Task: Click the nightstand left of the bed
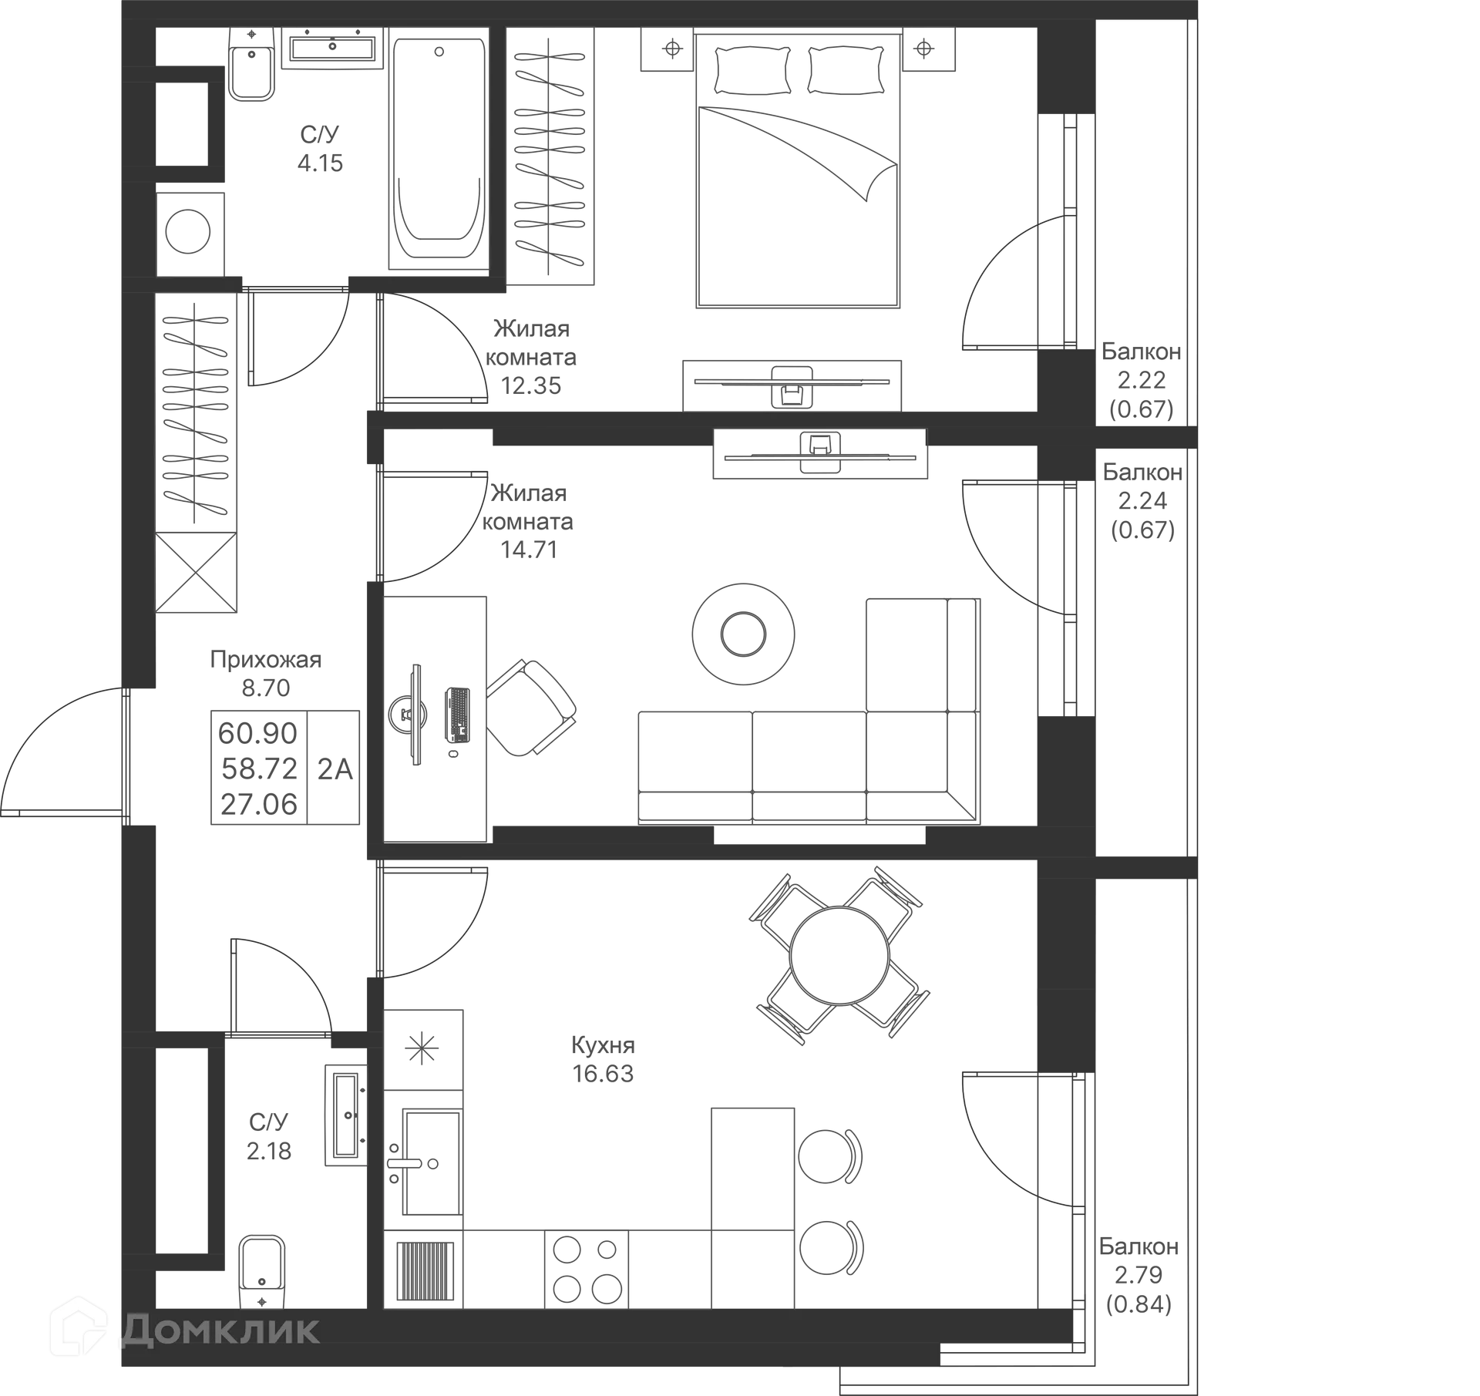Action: pyautogui.click(x=672, y=51)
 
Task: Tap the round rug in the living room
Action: pyautogui.click(x=742, y=634)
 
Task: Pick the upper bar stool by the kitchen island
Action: pyautogui.click(x=832, y=1156)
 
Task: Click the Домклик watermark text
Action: pyautogui.click(x=220, y=1330)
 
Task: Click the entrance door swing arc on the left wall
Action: pyautogui.click(x=58, y=752)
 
